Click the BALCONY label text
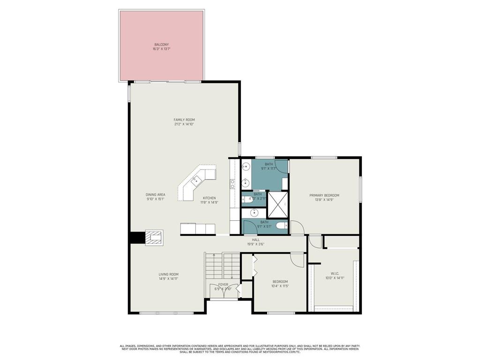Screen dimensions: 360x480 tap(161, 45)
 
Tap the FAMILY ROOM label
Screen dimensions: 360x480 tap(184, 120)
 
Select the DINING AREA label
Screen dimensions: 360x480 tap(155, 195)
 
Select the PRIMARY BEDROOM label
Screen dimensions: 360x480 tap(324, 195)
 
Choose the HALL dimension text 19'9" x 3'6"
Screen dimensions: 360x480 tap(255, 244)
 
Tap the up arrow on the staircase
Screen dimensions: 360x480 tap(214, 256)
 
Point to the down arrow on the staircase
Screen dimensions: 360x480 tap(231, 277)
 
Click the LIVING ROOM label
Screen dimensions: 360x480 tap(168, 274)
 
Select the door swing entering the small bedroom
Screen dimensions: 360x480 tap(296, 259)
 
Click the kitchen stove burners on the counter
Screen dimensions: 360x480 tap(232, 184)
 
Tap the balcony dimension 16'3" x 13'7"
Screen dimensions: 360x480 tap(161, 49)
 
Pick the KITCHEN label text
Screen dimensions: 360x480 tap(209, 198)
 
